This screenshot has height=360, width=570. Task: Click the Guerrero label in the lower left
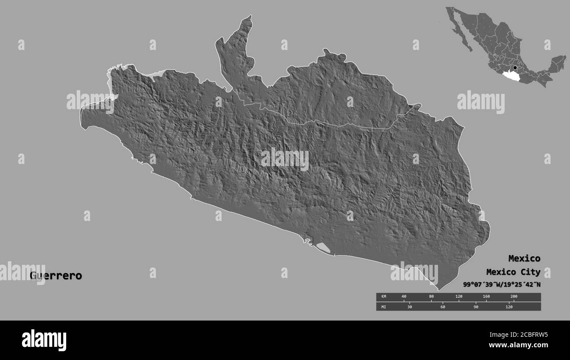coord(56,276)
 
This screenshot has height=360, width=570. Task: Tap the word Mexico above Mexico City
coord(524,258)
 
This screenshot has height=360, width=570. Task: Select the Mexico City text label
coord(513,272)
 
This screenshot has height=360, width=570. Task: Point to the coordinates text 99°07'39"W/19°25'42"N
coord(502,285)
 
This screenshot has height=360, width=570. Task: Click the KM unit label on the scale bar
coord(384,297)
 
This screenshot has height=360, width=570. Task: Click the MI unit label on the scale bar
coord(384,307)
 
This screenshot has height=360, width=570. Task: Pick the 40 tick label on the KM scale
coord(404,297)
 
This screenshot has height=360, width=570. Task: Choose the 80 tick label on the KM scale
coord(431,297)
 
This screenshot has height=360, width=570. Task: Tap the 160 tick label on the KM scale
coord(486,297)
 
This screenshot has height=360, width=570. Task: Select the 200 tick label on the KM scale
coord(514,297)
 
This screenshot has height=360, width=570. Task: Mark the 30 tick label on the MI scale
coord(410,307)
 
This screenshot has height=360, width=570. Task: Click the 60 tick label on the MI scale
coord(443,307)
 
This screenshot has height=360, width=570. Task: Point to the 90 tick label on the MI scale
coord(476,307)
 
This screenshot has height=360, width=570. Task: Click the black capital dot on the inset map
coord(515,68)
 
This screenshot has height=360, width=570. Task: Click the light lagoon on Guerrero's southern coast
coord(323,248)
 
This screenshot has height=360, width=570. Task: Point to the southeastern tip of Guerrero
coord(439,289)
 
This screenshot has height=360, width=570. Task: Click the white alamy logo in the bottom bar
coord(44,340)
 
